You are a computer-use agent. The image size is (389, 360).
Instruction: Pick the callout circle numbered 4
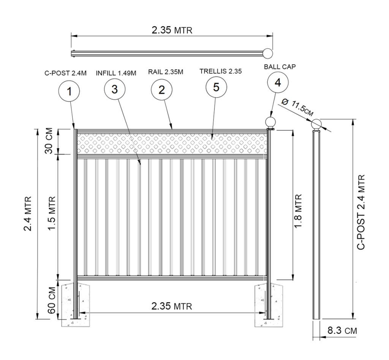(277, 83)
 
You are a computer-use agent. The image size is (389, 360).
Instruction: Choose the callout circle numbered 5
(216, 87)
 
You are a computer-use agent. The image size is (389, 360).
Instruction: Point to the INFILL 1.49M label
(116, 73)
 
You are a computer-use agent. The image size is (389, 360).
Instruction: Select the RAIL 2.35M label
(166, 72)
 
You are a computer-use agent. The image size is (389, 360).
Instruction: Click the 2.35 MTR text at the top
(172, 30)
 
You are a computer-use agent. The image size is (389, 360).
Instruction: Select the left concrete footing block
(76, 304)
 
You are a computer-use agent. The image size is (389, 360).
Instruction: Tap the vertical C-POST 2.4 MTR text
(362, 212)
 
